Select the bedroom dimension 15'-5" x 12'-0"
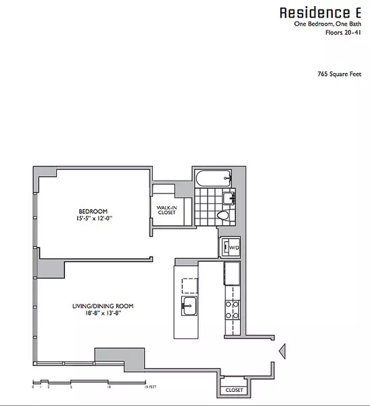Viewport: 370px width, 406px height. click(93, 219)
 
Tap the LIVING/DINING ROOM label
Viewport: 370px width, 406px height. click(103, 307)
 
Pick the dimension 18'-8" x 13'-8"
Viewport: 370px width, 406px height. click(103, 314)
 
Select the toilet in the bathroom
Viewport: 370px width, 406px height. click(223, 215)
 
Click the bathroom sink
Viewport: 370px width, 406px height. click(229, 198)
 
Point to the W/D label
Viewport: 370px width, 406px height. click(235, 248)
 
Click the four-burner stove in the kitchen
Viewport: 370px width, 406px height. click(233, 309)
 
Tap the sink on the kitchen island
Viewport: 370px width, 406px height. click(187, 306)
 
